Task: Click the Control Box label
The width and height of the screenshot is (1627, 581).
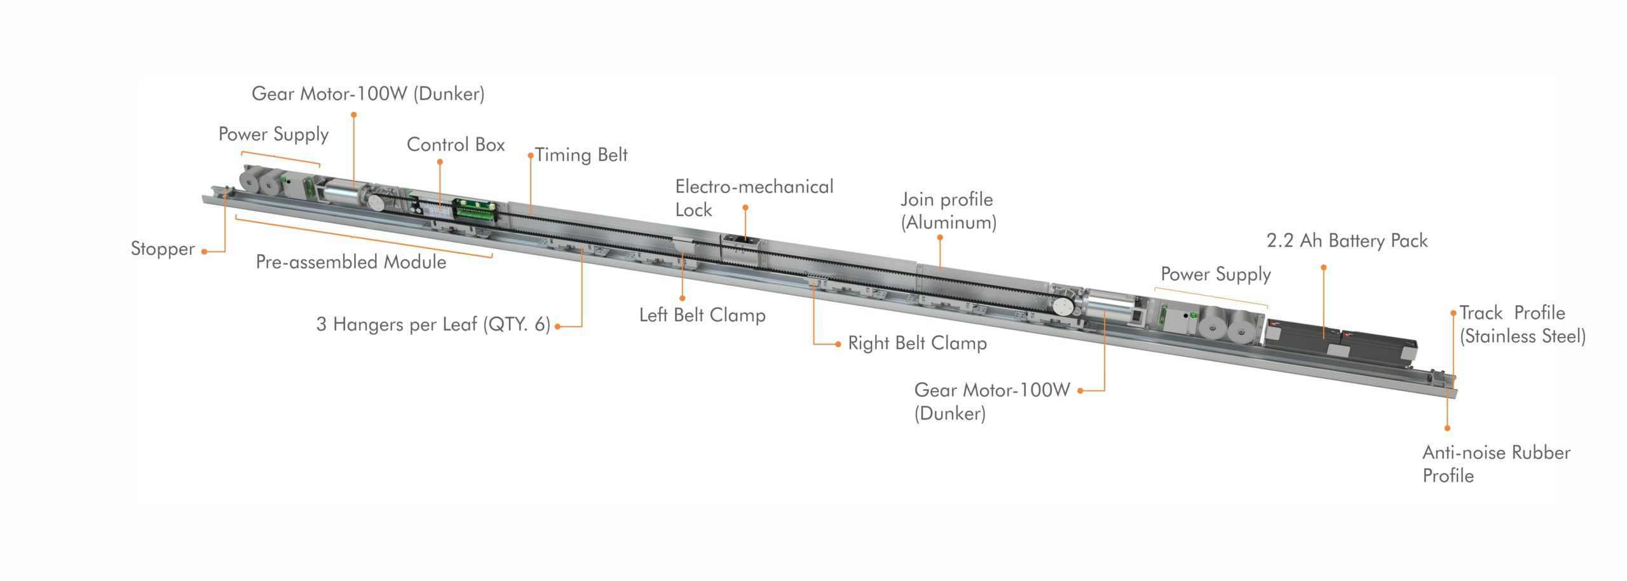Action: coord(456,144)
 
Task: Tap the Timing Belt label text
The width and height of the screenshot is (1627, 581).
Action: coord(581,155)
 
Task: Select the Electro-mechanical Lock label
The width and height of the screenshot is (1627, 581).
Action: coord(754,198)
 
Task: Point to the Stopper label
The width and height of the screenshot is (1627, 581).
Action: coord(163,249)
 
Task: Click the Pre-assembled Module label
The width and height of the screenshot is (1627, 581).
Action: coord(351,262)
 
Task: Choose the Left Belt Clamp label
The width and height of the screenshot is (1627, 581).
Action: coord(702,315)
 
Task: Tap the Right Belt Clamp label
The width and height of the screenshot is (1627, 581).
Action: coord(917,343)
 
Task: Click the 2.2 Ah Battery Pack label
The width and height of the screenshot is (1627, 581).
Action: coord(1347,241)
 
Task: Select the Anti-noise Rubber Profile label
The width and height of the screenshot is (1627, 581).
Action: coord(1496,464)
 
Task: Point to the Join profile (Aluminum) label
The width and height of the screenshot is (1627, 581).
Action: coord(948,211)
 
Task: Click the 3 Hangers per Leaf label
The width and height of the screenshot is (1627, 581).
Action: coord(433,324)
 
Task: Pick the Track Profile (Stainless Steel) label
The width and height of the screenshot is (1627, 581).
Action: coord(1522,324)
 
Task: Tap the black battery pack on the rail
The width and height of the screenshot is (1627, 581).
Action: coord(1341,343)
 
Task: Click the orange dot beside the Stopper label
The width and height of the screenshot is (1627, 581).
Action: coord(204,252)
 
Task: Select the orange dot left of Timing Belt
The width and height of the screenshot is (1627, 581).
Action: coord(530,155)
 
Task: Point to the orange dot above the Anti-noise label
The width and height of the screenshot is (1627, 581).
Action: coord(1447,428)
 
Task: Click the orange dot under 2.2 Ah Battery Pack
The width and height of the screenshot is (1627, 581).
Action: coord(1324,268)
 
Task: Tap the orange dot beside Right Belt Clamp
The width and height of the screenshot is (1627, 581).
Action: coord(838,344)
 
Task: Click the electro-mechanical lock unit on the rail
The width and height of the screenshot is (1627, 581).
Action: coord(740,250)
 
